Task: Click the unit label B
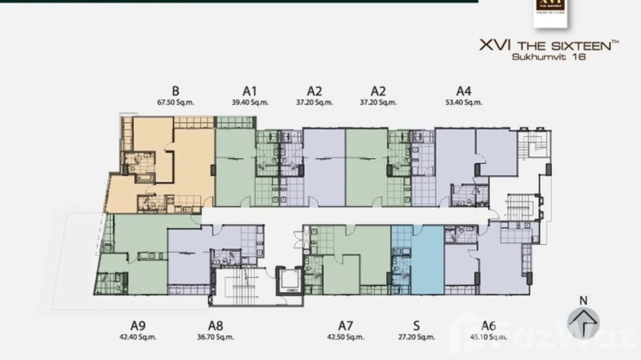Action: click(175, 91)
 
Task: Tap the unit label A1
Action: click(249, 91)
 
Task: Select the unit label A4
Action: click(463, 91)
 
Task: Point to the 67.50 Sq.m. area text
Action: click(175, 102)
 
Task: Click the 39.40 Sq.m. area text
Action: click(249, 102)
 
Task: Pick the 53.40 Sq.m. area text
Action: click(463, 102)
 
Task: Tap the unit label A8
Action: click(215, 326)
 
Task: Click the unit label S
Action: click(417, 326)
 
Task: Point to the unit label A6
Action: click(488, 326)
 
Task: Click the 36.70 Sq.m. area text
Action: click(215, 337)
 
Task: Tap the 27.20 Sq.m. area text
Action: click(417, 337)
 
